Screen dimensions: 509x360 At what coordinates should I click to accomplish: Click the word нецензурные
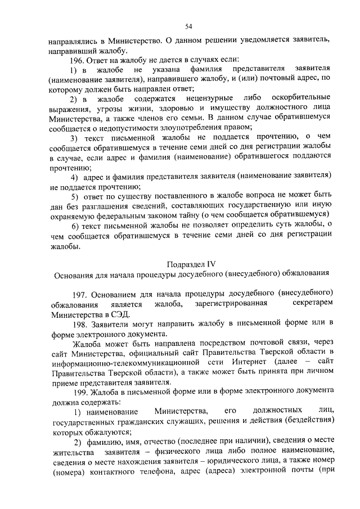pyautogui.click(x=206, y=98)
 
